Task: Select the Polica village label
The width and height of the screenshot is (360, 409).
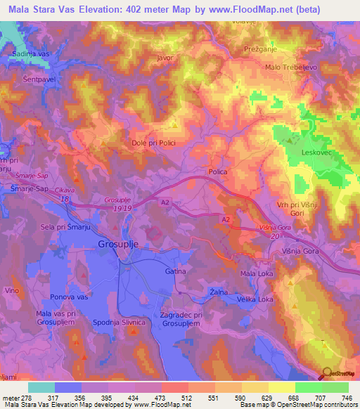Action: pyautogui.click(x=218, y=171)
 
